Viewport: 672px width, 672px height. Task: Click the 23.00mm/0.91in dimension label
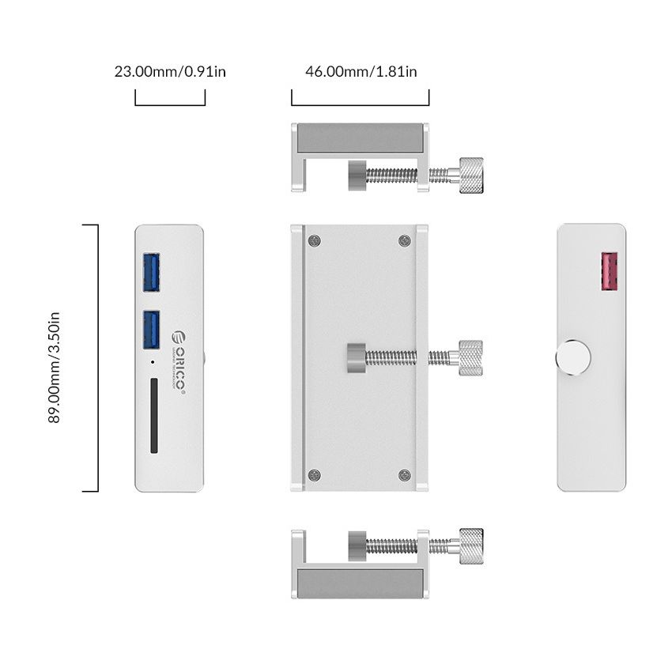pyautogui.click(x=170, y=71)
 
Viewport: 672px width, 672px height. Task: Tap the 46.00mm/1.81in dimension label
pyautogui.click(x=361, y=71)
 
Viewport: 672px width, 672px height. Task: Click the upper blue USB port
pyautogui.click(x=153, y=271)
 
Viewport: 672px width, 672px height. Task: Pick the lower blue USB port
pyautogui.click(x=153, y=329)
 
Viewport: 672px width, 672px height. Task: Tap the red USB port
pyautogui.click(x=610, y=272)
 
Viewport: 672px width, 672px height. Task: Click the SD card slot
pyautogui.click(x=153, y=416)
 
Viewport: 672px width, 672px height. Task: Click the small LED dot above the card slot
pyautogui.click(x=152, y=364)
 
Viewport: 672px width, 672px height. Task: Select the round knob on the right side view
pyautogui.click(x=572, y=358)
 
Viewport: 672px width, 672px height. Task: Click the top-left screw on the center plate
pyautogui.click(x=315, y=241)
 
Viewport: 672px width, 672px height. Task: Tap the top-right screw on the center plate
pyautogui.click(x=405, y=241)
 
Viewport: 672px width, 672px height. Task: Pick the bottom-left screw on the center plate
pyautogui.click(x=315, y=474)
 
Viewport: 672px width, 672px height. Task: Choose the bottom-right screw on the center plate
pyautogui.click(x=405, y=474)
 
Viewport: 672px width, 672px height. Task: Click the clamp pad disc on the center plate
pyautogui.click(x=357, y=357)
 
